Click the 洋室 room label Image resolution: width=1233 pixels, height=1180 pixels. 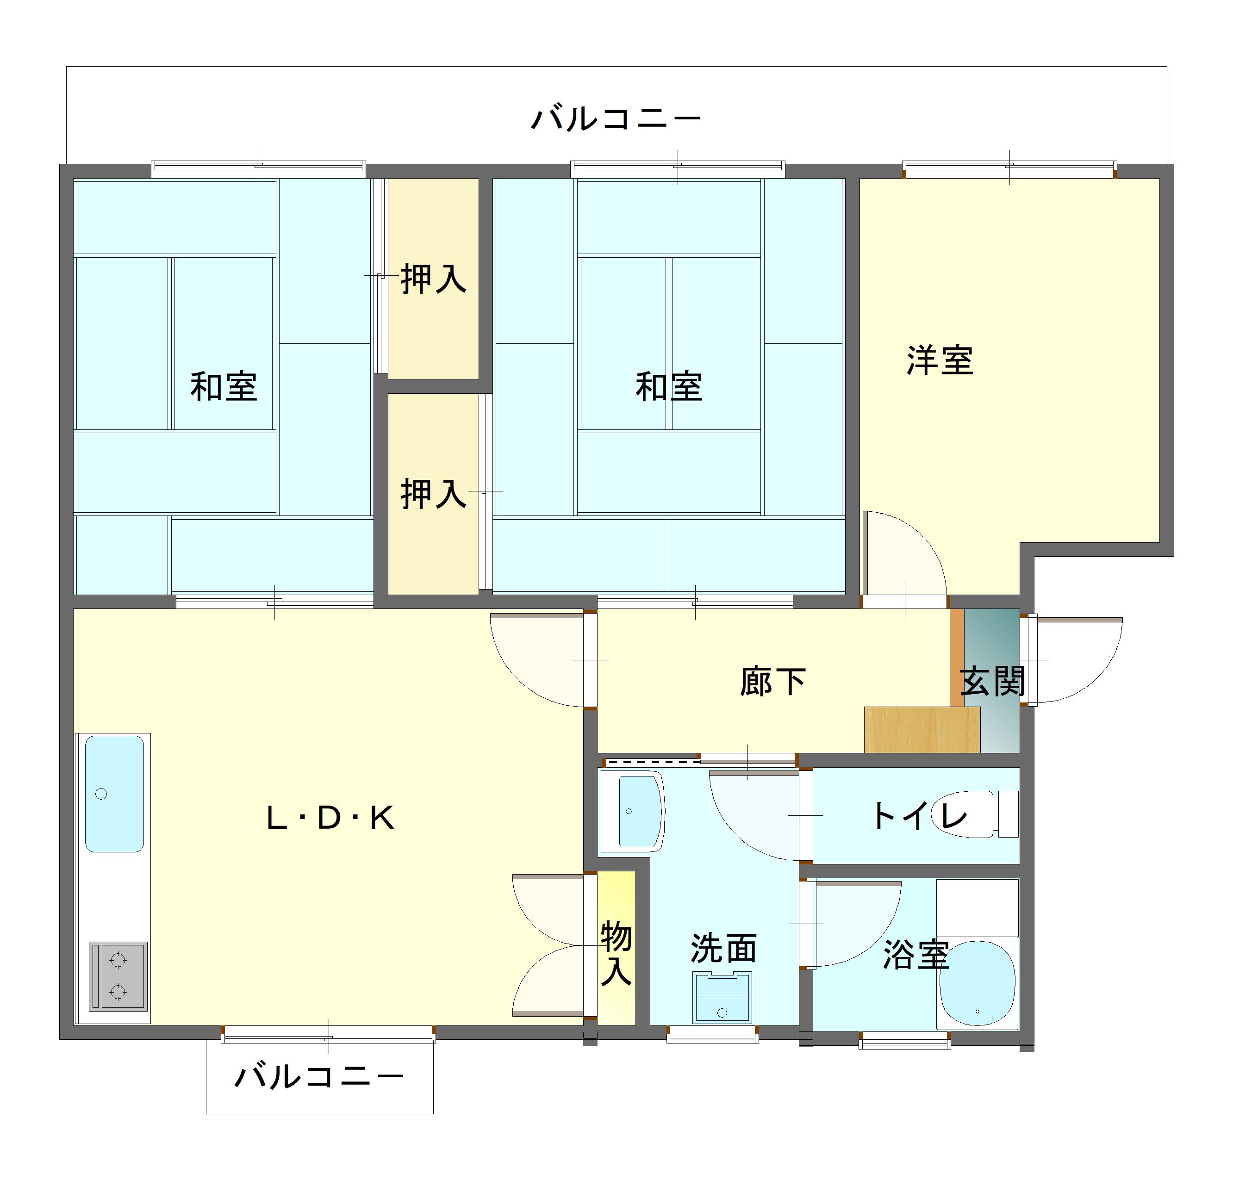tap(940, 360)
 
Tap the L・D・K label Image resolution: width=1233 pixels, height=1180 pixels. tap(330, 818)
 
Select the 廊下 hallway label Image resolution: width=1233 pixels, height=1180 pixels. tap(772, 681)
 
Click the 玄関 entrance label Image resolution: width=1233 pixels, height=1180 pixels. tap(992, 681)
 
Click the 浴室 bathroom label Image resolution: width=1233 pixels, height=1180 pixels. tap(916, 955)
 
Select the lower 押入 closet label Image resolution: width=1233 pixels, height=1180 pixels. tap(433, 494)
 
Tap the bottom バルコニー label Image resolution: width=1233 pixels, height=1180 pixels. tap(319, 1077)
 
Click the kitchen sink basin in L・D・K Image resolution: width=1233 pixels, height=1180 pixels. tap(114, 794)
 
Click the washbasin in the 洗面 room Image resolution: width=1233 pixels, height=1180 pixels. tap(632, 811)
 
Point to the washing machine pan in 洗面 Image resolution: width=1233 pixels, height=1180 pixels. tap(722, 997)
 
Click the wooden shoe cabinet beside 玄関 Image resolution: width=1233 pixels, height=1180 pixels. tap(922, 730)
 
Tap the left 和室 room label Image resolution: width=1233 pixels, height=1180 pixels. tap(224, 387)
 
